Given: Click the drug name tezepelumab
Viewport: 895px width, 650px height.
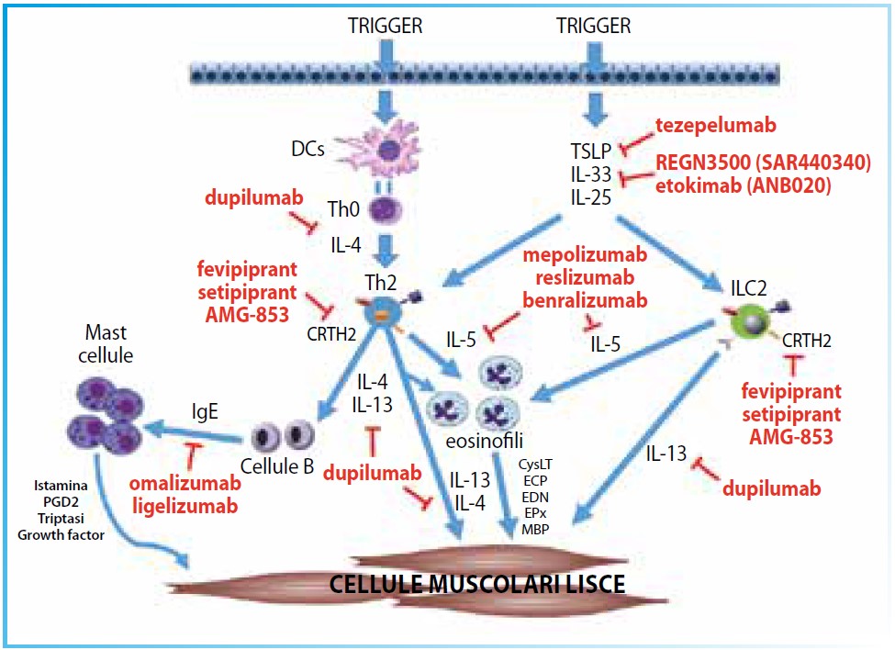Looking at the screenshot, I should (716, 126).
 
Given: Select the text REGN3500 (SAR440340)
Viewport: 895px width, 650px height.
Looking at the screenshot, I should (762, 162).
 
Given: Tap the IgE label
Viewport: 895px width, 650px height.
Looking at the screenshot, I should (204, 411).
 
